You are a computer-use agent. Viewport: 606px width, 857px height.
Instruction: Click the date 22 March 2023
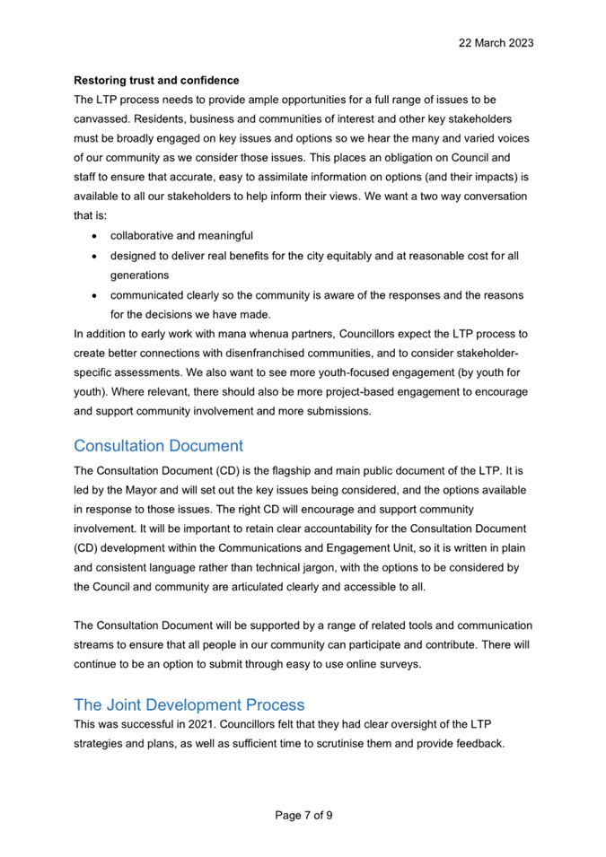click(x=496, y=42)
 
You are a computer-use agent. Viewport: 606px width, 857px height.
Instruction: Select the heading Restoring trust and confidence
click(x=156, y=80)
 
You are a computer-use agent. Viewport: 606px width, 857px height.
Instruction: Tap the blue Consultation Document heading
click(x=158, y=446)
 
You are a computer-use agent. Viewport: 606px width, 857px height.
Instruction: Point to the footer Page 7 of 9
click(x=303, y=815)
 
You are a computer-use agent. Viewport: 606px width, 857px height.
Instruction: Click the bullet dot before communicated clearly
click(x=95, y=296)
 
